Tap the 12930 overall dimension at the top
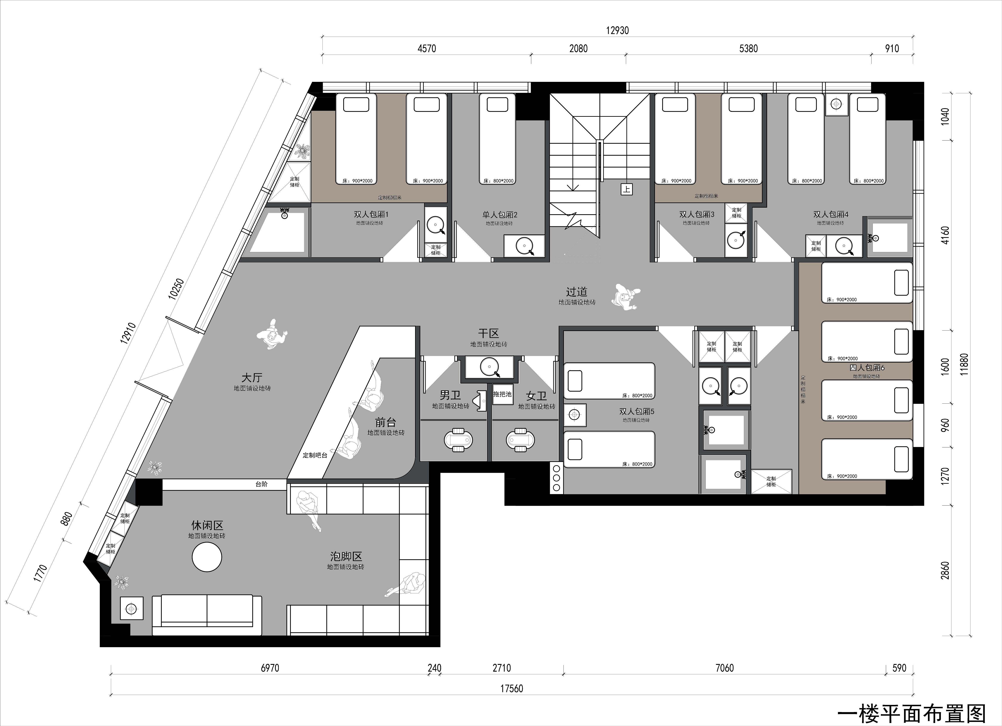coord(617,31)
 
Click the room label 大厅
coord(252,377)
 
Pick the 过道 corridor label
coord(577,292)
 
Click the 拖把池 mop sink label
coord(502,394)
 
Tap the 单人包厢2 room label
coord(500,215)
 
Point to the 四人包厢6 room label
coord(867,368)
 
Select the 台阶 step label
coord(262,484)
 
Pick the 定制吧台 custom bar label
coord(315,455)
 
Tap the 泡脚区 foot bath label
coord(346,556)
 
